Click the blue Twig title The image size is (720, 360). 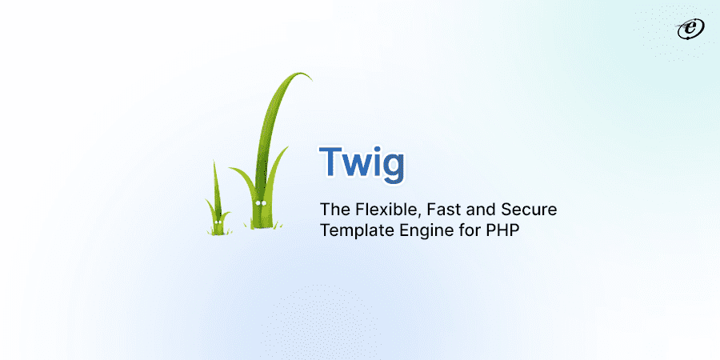362,163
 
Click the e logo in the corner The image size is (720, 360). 687,29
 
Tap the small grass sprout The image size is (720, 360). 217,208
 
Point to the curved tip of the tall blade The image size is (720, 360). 305,77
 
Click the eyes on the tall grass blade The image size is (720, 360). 260,203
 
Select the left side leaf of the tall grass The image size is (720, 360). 240,180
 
